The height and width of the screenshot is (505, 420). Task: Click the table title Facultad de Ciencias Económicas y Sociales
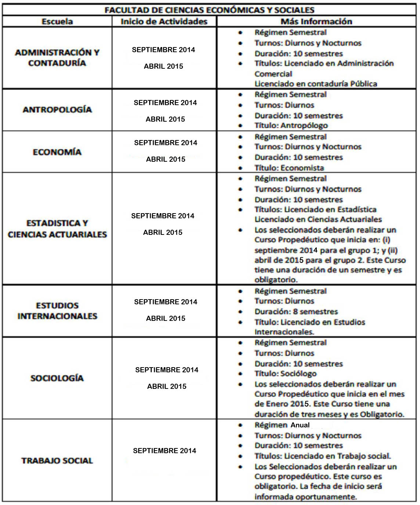[x=209, y=10]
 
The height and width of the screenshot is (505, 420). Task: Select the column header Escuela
[x=57, y=21]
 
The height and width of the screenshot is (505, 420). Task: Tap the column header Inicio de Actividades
[x=164, y=21]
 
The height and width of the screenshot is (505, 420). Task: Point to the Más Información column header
[x=316, y=21]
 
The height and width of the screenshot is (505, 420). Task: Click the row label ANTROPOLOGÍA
[x=57, y=110]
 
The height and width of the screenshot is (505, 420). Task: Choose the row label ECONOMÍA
[x=57, y=152]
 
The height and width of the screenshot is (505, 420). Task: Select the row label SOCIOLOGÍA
[x=57, y=378]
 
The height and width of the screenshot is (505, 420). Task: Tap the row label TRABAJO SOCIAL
[x=57, y=461]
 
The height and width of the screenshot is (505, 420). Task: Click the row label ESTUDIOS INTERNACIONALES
[x=57, y=311]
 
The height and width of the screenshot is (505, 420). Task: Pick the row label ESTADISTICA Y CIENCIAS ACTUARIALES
[x=57, y=229]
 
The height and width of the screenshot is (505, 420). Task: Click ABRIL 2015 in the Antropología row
[x=165, y=119]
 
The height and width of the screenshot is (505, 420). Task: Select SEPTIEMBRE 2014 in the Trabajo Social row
[x=165, y=451]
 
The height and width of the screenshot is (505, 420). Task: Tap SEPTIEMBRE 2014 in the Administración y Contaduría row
[x=164, y=50]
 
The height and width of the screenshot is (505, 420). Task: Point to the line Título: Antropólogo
[x=291, y=126]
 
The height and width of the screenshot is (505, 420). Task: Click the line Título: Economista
[x=289, y=168]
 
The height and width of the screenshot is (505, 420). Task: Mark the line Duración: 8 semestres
[x=296, y=312]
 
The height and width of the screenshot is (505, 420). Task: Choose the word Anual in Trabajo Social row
[x=300, y=425]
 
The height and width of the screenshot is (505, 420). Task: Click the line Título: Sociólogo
[x=286, y=374]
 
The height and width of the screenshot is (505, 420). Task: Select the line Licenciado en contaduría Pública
[x=316, y=84]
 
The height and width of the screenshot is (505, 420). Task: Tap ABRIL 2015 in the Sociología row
[x=167, y=386]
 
